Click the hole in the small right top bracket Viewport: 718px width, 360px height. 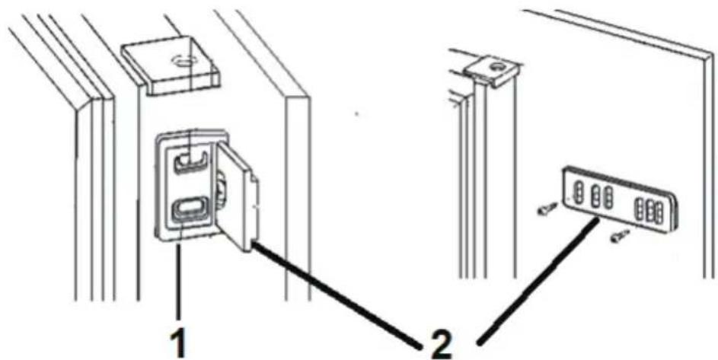(x=496, y=67)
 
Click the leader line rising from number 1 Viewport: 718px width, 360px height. (x=179, y=282)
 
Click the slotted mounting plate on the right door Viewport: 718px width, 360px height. (x=621, y=201)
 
